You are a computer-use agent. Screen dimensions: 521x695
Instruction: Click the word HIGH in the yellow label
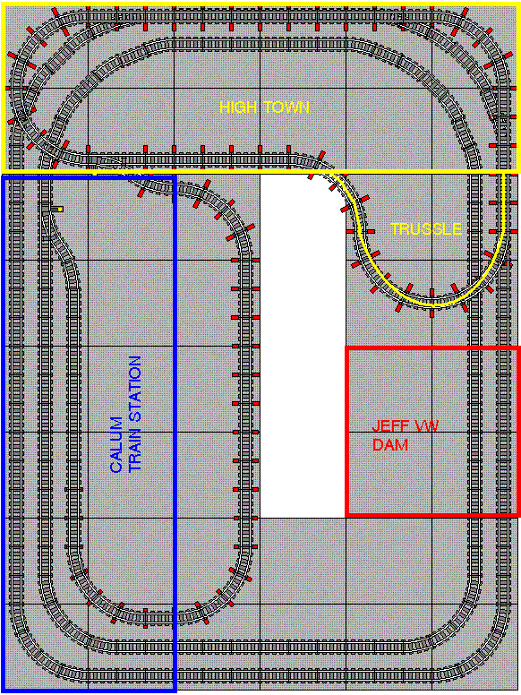click(x=236, y=107)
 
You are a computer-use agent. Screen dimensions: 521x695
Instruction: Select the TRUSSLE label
click(x=426, y=228)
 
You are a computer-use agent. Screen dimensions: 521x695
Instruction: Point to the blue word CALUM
click(x=116, y=444)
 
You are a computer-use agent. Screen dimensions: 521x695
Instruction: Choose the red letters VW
click(x=425, y=426)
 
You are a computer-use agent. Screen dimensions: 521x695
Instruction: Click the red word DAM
click(x=390, y=444)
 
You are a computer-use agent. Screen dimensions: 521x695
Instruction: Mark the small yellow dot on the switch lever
click(x=60, y=209)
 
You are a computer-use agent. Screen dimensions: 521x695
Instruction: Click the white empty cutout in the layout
click(x=303, y=346)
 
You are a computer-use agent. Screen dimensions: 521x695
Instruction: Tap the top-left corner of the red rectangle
click(x=346, y=348)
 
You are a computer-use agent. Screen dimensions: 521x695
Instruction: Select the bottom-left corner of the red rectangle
click(x=346, y=515)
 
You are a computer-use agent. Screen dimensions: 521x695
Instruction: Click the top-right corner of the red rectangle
click(x=519, y=348)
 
